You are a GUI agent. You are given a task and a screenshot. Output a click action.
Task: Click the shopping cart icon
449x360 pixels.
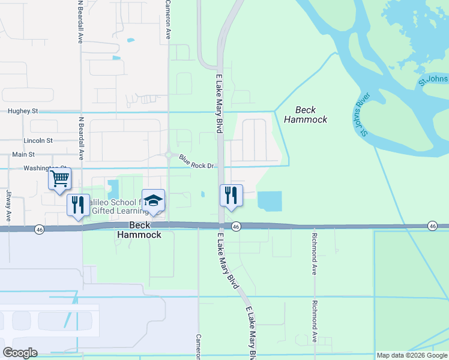pyautogui.click(x=59, y=179)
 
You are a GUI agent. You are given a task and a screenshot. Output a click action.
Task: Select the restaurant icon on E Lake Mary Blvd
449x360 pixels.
pyautogui.click(x=231, y=195)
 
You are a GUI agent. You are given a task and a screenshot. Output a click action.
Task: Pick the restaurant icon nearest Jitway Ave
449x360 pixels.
pyautogui.click(x=78, y=205)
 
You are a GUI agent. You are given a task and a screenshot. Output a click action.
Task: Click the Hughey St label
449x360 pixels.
pyautogui.click(x=23, y=111)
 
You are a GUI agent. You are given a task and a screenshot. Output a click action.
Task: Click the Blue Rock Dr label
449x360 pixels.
pyautogui.click(x=196, y=161)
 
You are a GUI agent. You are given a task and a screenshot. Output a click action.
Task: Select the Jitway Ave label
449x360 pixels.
pyautogui.click(x=9, y=205)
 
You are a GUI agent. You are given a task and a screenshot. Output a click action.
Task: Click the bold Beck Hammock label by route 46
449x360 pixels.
pyautogui.click(x=144, y=230)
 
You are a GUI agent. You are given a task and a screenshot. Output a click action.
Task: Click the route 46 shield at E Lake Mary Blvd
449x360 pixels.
pyautogui.click(x=236, y=226)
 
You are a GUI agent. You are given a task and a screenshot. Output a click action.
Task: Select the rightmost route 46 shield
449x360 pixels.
pyautogui.click(x=432, y=226)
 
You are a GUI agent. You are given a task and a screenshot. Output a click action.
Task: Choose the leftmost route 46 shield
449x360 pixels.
pyautogui.click(x=39, y=229)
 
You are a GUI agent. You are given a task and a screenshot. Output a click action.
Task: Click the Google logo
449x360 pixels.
pyautogui.click(x=20, y=353)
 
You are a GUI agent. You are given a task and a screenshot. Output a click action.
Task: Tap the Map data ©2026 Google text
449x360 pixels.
pyautogui.click(x=412, y=355)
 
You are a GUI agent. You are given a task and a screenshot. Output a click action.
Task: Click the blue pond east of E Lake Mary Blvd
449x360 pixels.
pyautogui.click(x=270, y=200)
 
